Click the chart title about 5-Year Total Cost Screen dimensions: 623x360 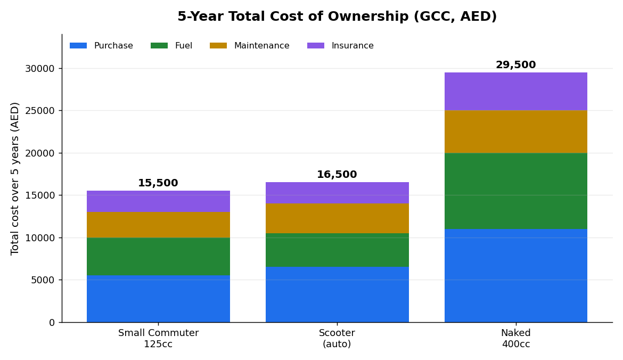[x=337, y=17]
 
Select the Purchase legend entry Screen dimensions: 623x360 [x=101, y=46]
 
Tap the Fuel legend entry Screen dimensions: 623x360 [x=171, y=46]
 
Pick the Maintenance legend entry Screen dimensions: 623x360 [x=250, y=46]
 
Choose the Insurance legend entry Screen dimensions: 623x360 [x=340, y=46]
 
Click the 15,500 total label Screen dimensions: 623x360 [x=158, y=183]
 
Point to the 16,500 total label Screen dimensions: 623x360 [x=337, y=175]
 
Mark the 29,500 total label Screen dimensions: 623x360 [x=516, y=65]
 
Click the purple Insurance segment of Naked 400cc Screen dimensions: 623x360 [x=516, y=92]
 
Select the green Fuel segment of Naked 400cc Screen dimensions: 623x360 [x=516, y=191]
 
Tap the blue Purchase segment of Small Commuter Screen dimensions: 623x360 [x=158, y=299]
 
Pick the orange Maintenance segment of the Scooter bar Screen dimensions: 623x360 [x=337, y=218]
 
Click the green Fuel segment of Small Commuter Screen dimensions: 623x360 [x=158, y=257]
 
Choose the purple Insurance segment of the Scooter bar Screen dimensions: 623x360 [x=337, y=193]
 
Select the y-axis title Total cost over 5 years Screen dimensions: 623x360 [x=15, y=178]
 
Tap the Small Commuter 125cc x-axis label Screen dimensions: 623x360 [x=158, y=339]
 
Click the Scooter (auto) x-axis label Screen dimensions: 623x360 [x=337, y=339]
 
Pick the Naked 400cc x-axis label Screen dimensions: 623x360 [x=516, y=339]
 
